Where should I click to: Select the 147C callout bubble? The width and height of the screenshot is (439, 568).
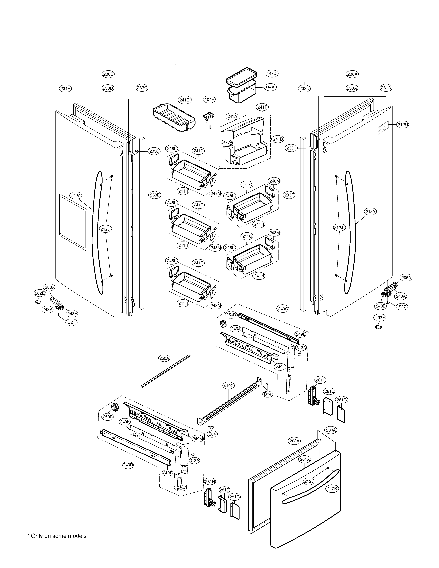272,74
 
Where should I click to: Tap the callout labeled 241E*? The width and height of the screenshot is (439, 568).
185,100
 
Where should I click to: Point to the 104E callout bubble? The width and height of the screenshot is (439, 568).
209,99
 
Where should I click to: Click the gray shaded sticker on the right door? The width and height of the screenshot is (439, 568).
383,127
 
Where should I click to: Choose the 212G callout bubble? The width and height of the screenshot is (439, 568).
403,125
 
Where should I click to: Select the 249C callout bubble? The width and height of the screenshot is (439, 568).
283,309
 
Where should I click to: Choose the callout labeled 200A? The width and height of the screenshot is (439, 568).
331,430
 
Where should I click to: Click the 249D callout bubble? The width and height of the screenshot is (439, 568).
128,465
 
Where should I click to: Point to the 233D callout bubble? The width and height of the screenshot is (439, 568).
304,88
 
